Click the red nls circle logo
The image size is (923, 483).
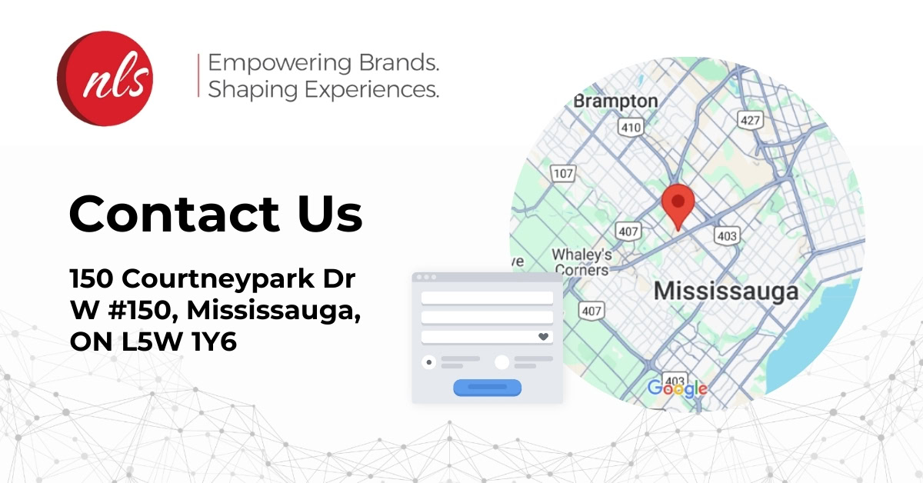pos(105,78)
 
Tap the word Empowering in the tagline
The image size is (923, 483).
pos(280,64)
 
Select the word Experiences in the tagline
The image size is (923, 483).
pos(372,89)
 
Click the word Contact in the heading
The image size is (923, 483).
pos(175,214)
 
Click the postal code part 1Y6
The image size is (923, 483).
pos(215,341)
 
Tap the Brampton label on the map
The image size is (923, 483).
pos(615,102)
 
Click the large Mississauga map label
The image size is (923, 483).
pos(726,291)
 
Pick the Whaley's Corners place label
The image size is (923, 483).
pos(581,262)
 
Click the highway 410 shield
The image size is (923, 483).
pos(631,127)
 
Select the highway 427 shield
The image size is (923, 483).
pos(750,120)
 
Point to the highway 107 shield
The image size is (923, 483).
pos(563,173)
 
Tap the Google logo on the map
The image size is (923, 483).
pos(678,388)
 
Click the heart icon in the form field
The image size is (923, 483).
pos(543,337)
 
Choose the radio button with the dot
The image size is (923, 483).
pos(429,362)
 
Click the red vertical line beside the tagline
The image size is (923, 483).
pos(198,75)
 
